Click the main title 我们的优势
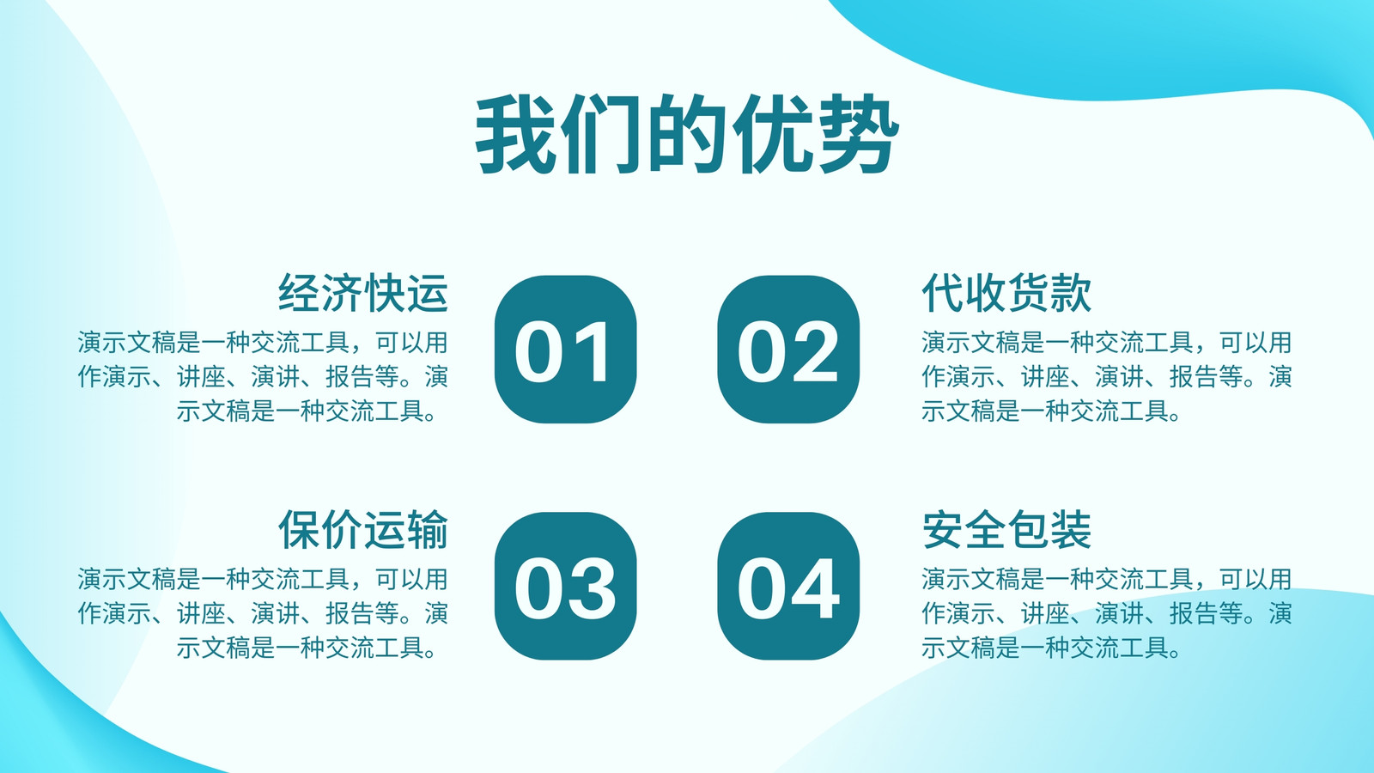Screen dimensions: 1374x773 687,134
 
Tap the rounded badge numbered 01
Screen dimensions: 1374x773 566,349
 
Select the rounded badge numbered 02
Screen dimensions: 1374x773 788,349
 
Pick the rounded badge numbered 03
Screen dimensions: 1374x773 566,586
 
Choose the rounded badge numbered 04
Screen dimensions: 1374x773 788,586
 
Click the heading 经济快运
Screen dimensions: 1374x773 363,293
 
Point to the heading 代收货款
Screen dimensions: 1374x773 1006,293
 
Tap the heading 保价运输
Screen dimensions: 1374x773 363,529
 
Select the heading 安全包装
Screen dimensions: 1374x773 1006,529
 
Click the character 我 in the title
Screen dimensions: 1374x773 516,134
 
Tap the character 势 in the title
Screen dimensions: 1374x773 859,134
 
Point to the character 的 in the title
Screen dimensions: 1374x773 688,134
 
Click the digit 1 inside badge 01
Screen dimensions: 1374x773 593,351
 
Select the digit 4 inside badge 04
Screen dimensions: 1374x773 815,588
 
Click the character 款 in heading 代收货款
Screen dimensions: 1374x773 1071,293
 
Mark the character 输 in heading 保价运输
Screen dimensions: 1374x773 428,529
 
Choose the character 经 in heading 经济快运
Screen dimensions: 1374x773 299,293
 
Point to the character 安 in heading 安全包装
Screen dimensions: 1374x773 942,529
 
